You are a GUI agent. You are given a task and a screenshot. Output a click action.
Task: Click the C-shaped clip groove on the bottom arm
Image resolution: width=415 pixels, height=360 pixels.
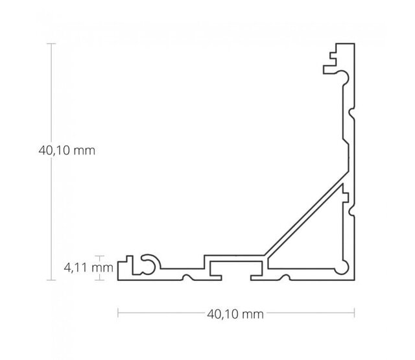pos(148,262)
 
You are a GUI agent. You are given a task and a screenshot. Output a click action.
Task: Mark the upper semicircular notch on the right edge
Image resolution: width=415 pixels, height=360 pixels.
pos(351,114)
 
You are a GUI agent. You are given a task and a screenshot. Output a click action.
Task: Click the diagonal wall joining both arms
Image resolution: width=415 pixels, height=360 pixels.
pos(305,217)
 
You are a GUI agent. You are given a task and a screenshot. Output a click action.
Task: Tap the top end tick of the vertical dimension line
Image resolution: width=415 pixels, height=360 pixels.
pos(52,43)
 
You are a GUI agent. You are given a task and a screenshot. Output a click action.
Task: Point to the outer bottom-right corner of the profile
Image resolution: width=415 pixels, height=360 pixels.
pos(353,280)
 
